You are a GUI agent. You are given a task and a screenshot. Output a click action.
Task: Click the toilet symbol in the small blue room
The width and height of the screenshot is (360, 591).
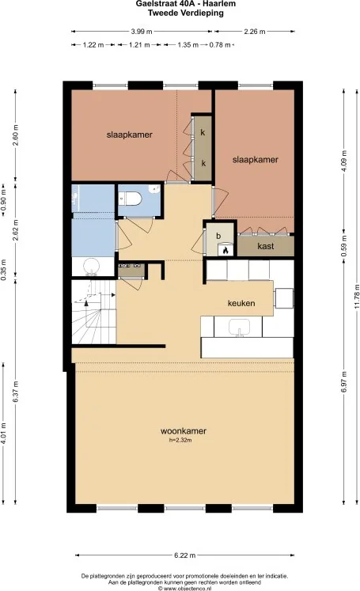click(x=130, y=198)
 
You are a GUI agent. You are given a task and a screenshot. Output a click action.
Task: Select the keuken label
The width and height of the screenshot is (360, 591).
click(x=241, y=303)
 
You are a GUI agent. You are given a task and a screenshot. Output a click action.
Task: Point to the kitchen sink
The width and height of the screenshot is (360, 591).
click(x=239, y=328)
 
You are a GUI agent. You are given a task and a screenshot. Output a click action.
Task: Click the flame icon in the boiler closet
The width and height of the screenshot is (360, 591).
click(x=225, y=250)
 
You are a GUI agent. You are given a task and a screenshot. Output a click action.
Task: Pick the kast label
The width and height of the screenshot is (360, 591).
click(x=266, y=246)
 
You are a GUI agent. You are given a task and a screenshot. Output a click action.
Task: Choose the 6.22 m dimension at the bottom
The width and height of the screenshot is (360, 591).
click(x=184, y=555)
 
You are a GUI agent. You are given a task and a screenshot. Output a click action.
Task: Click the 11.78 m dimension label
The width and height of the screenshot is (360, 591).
click(x=356, y=296)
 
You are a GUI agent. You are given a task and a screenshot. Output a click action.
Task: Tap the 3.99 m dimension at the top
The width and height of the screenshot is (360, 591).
click(x=142, y=32)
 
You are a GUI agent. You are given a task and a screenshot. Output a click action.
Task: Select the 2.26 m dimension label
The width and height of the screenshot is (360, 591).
click(x=255, y=32)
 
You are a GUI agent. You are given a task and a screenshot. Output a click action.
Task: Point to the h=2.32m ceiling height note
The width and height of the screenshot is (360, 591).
click(x=180, y=440)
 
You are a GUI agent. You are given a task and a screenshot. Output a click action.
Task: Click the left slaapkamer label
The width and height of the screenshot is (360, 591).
click(x=129, y=134)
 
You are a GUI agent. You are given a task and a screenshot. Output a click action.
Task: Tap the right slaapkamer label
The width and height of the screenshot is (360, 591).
click(x=256, y=160)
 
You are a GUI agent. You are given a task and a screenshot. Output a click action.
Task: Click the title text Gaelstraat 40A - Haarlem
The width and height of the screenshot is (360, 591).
click(x=186, y=4)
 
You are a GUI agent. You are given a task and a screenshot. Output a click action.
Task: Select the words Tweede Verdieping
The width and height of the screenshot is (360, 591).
click(x=186, y=13)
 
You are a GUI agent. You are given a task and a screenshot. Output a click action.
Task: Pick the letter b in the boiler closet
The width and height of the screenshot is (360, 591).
click(x=218, y=236)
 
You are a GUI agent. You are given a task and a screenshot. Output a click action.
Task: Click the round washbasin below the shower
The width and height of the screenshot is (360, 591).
click(x=92, y=266)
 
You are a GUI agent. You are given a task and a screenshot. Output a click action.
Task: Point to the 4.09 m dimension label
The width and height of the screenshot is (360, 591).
click(x=344, y=161)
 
